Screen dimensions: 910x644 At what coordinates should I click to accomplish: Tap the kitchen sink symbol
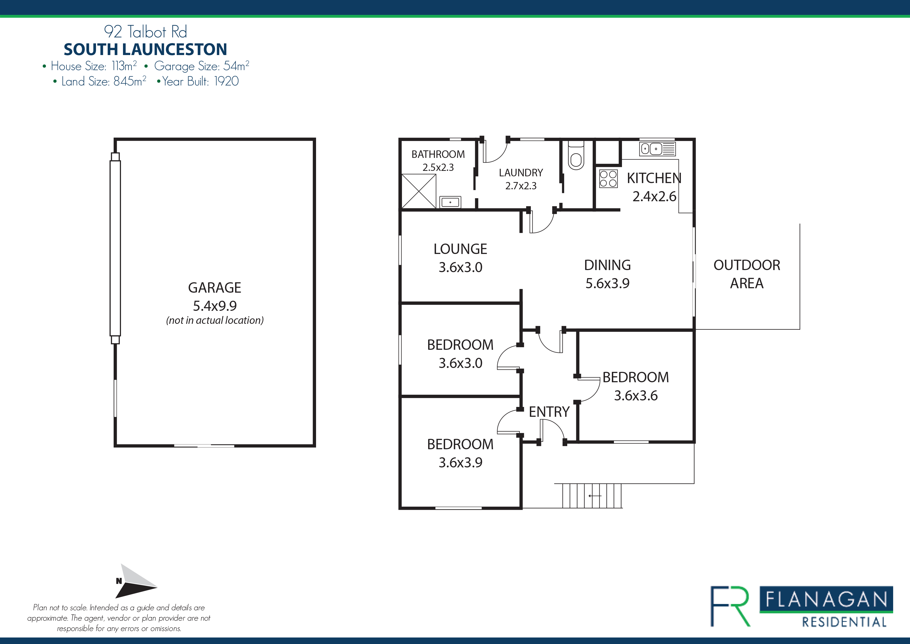657,149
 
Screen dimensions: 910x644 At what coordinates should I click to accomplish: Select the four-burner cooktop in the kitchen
608,178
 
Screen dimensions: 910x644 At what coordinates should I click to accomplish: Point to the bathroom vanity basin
450,202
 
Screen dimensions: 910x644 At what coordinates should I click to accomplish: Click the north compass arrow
135,581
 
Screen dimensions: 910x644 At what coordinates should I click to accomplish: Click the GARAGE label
214,287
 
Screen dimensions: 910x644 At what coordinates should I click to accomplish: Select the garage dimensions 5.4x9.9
214,306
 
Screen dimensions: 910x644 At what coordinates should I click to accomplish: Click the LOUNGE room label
460,249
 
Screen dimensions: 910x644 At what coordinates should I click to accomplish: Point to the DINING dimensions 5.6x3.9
607,283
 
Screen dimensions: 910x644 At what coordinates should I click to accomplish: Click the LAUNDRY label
521,173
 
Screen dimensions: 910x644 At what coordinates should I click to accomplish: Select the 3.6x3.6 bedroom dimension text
636,395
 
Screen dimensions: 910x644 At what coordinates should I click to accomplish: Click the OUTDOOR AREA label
747,274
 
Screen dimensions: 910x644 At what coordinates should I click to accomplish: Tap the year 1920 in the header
226,81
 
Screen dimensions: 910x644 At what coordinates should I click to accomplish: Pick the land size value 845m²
129,81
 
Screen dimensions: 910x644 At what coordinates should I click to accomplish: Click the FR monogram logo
730,606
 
